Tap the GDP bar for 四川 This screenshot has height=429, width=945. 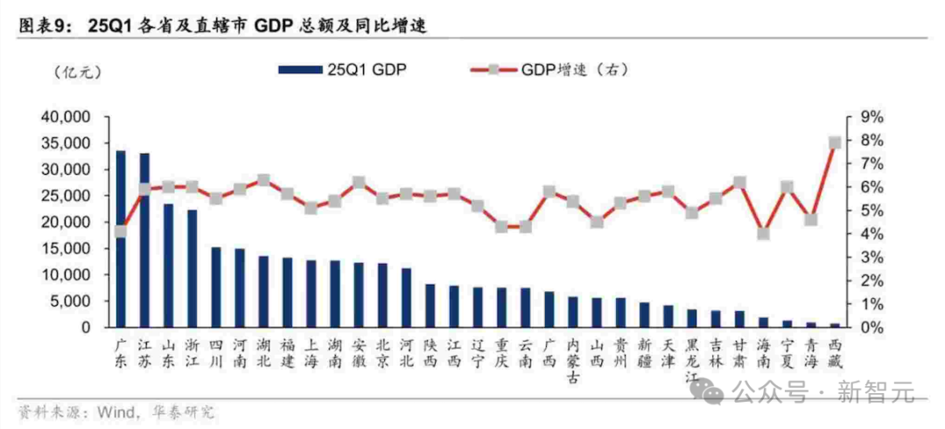pyautogui.click(x=216, y=287)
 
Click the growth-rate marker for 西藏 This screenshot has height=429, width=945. pyautogui.click(x=835, y=142)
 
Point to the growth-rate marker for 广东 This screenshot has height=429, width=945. pyautogui.click(x=121, y=232)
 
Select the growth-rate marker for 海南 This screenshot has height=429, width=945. pyautogui.click(x=763, y=233)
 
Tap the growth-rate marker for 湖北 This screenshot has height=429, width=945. pyautogui.click(x=263, y=180)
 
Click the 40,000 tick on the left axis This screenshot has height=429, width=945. pyautogui.click(x=67, y=117)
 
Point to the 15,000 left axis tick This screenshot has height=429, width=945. pyautogui.click(x=67, y=248)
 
